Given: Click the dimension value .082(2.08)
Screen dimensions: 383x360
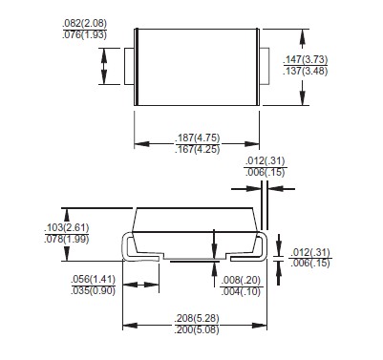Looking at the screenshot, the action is [x=85, y=23].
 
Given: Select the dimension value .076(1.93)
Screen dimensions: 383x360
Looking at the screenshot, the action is [x=85, y=34].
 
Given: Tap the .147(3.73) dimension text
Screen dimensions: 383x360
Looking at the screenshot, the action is [x=306, y=59].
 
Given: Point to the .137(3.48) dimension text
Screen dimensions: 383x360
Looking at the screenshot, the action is [x=306, y=71].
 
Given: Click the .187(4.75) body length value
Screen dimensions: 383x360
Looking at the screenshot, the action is [x=198, y=138].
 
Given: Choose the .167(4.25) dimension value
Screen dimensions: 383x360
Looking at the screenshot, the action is [x=198, y=149].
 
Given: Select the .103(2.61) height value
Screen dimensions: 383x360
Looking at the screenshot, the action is [x=67, y=227].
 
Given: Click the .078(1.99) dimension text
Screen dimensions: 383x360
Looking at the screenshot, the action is [x=67, y=239].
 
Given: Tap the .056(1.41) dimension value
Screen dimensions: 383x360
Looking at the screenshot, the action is [x=93, y=279].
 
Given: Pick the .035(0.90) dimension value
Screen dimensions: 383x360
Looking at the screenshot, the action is [x=93, y=290].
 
